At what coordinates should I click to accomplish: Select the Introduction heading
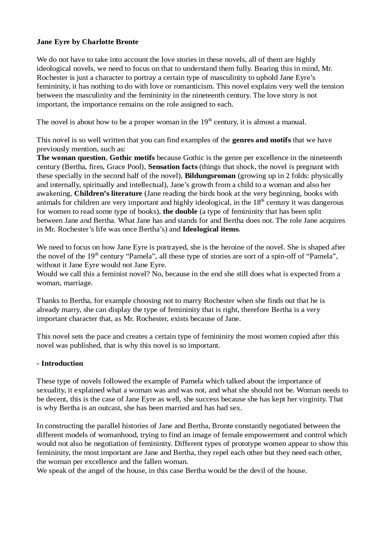(62, 363)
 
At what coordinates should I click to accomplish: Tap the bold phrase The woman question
(71, 158)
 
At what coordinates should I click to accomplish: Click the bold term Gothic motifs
(132, 158)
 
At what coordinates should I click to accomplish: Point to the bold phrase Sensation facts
(173, 167)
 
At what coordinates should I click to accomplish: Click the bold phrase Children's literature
(108, 194)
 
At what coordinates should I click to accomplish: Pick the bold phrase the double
(180, 211)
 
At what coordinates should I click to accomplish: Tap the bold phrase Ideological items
(211, 229)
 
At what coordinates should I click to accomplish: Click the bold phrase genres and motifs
(261, 140)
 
